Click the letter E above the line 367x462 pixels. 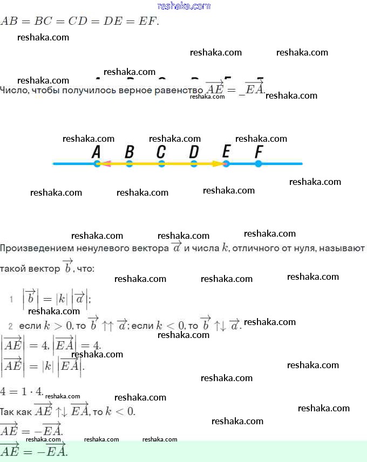pyautogui.click(x=226, y=152)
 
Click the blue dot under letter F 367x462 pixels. pyautogui.click(x=259, y=163)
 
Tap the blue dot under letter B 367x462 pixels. pyautogui.click(x=129, y=163)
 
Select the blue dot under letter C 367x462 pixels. pyautogui.click(x=161, y=163)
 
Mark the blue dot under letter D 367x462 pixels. pyautogui.click(x=194, y=163)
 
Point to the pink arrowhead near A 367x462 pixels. pyautogui.click(x=106, y=163)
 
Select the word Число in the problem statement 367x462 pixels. pyautogui.click(x=12, y=89)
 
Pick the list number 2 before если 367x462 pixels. pyautogui.click(x=10, y=326)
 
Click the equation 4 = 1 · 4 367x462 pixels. pyautogui.click(x=22, y=390)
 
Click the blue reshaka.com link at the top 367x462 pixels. pyautogui.click(x=183, y=6)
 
